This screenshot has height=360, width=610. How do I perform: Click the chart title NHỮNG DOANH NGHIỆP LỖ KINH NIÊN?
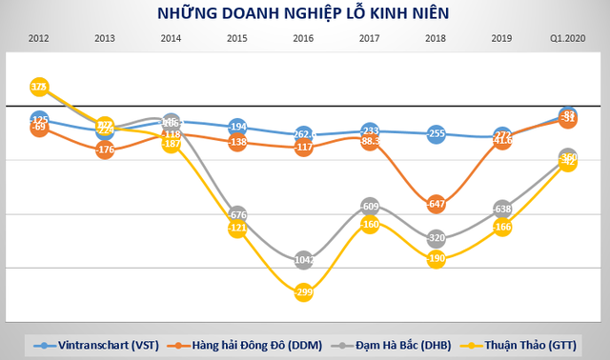305,13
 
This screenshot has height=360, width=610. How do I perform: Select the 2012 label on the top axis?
39,38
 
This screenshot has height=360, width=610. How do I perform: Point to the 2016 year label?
304,38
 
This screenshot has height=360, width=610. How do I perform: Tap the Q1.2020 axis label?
568,38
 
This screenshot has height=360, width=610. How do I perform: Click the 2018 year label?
437,38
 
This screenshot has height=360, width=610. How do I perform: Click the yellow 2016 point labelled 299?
304,293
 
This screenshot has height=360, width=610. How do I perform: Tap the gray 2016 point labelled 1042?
304,259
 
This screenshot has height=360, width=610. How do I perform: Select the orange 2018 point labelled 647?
437,204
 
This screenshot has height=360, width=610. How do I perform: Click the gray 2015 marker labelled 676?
237,214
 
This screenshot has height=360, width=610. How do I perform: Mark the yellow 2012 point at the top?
39,87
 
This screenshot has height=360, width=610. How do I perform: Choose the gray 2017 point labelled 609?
371,206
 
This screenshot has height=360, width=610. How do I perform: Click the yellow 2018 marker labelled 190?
437,258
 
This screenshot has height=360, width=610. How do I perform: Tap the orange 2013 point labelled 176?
106,150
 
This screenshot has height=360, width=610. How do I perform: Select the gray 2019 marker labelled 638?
502,209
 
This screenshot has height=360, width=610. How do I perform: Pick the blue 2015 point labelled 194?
237,127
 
